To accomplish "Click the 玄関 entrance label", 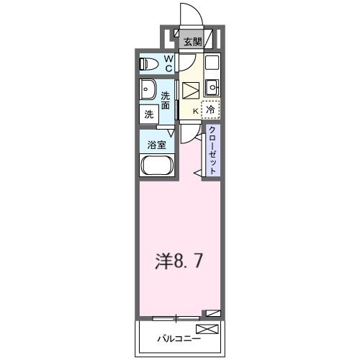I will tap(192, 42).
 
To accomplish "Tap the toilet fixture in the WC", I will tap(149, 63).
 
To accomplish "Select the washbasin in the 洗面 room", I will tap(148, 91).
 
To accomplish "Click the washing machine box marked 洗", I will tap(148, 114).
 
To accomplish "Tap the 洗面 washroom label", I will tap(166, 101).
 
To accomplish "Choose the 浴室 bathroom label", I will tap(156, 144).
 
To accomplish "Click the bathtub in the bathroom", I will tap(157, 166).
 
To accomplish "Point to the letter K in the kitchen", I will tap(194, 111).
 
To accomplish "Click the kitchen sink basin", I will tap(212, 88).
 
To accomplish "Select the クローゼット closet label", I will tap(214, 149).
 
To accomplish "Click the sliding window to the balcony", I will tap(176, 317).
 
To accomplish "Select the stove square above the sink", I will tap(212, 63).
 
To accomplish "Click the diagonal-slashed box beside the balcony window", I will tap(212, 313).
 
